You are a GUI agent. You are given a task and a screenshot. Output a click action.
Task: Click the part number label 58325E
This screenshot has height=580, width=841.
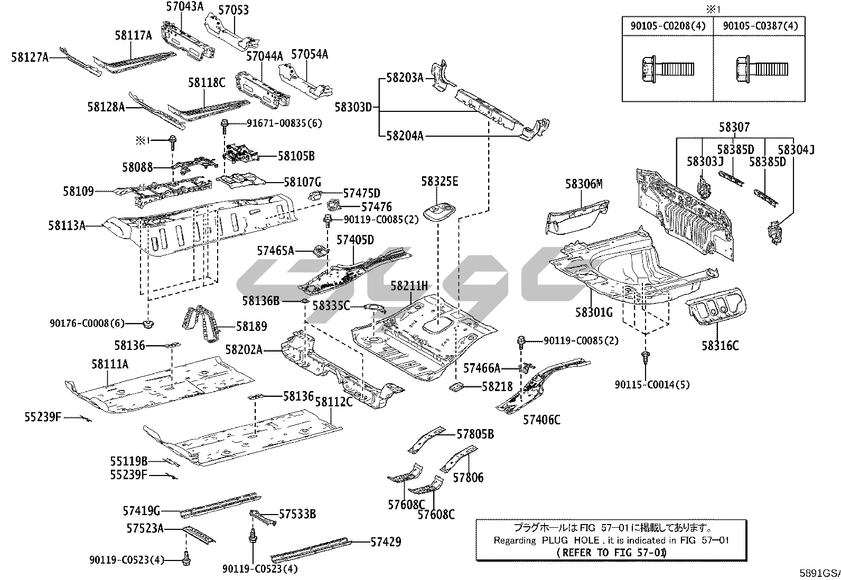pos(440,182)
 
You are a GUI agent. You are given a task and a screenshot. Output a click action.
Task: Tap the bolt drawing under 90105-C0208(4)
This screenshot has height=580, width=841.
pos(667,70)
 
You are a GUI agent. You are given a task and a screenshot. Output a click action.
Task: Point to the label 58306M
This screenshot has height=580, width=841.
pos(584,184)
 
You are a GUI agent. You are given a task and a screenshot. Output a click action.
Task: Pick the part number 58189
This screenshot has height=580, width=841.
pos(251,326)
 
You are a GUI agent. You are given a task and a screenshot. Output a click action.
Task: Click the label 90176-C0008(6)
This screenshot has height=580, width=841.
pos(87,324)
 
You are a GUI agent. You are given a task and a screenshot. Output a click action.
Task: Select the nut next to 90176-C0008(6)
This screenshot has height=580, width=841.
pos(148,324)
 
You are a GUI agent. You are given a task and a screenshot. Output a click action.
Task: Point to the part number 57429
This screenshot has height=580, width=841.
pos(386,541)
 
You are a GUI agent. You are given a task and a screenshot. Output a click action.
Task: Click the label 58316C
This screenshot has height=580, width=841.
pos(720,346)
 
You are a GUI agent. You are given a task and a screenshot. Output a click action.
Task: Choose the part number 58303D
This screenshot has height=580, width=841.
pos(353,107)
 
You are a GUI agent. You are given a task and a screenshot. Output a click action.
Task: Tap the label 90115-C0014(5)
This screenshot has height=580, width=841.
pos(652,385)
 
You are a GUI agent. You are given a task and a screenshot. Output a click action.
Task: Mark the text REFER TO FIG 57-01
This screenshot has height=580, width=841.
pos(611,552)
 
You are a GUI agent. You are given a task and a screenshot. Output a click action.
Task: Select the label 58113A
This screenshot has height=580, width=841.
pos(67,225)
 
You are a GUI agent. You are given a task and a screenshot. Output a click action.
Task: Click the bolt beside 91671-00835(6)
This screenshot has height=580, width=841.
pos(224,126)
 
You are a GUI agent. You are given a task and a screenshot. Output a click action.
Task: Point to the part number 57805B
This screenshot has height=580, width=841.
pos(475,434)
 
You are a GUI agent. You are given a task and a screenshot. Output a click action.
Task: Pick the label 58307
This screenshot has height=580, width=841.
pos(734,127)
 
